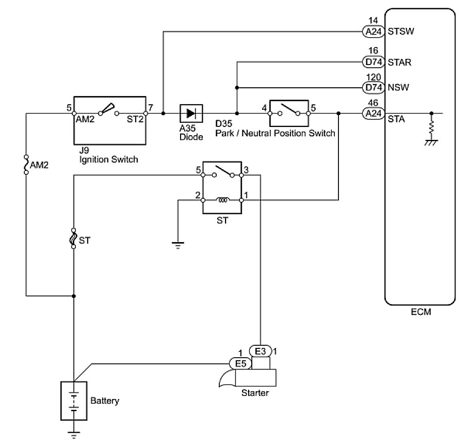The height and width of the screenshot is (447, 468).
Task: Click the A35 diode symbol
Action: click(x=191, y=113)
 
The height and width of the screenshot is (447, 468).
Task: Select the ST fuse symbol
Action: click(x=74, y=239)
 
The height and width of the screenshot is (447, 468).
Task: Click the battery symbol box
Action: click(x=74, y=401)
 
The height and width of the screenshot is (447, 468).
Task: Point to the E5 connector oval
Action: click(x=240, y=363)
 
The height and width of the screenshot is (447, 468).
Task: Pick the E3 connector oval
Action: click(x=260, y=352)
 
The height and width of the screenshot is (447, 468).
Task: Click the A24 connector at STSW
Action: click(x=373, y=32)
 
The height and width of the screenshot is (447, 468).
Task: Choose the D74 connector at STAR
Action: click(x=373, y=62)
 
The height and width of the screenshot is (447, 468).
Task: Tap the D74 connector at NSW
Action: click(x=373, y=87)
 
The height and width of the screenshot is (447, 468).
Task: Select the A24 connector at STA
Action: click(x=373, y=113)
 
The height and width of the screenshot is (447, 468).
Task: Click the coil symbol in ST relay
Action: click(x=223, y=200)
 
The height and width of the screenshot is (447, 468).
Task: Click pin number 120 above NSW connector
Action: click(x=373, y=75)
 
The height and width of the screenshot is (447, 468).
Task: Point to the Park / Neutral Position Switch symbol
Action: click(x=288, y=113)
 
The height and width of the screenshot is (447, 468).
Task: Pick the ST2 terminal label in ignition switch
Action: click(x=135, y=120)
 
